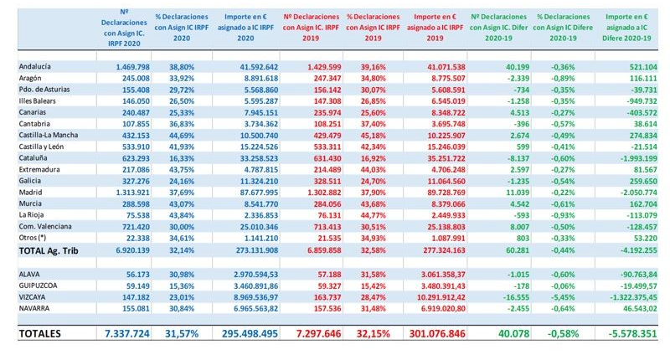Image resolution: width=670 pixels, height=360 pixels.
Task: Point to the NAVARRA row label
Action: [37, 307]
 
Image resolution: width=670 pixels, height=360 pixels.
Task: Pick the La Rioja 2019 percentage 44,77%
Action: [361, 215]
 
